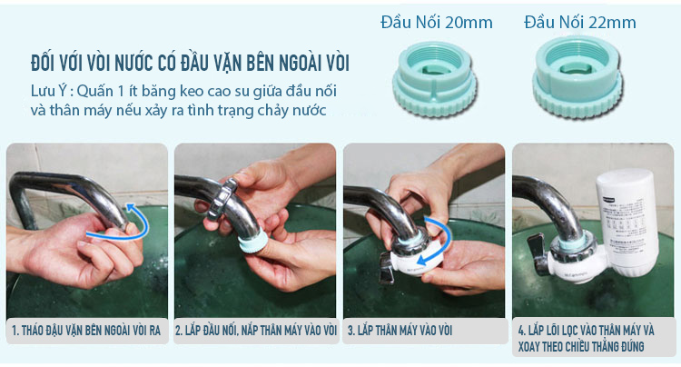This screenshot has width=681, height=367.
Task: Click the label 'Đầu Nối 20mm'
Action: pyautogui.click(x=431, y=22)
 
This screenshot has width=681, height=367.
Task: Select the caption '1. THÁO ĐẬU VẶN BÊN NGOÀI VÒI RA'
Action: pyautogui.click(x=86, y=330)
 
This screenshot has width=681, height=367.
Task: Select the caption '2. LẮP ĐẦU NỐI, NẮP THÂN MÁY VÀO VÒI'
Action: pyautogui.click(x=255, y=330)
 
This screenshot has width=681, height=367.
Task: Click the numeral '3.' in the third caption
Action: pyautogui.click(x=352, y=330)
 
